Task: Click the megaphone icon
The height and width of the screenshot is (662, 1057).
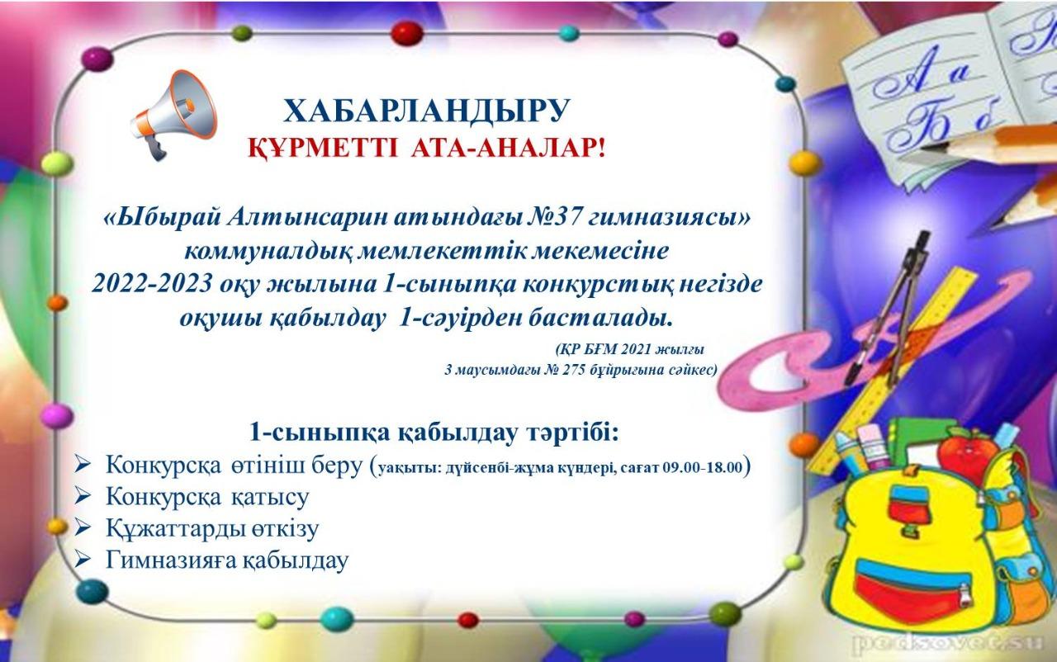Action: pos(174,114)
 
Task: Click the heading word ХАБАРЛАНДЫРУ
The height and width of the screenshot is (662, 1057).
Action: pos(427,111)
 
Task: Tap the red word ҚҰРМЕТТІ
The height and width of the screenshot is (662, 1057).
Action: pos(324,149)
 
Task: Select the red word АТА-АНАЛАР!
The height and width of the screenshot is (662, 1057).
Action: pos(508,149)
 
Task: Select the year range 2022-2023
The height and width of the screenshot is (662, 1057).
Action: pos(151,284)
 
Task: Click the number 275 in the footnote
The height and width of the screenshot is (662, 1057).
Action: pos(571,370)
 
